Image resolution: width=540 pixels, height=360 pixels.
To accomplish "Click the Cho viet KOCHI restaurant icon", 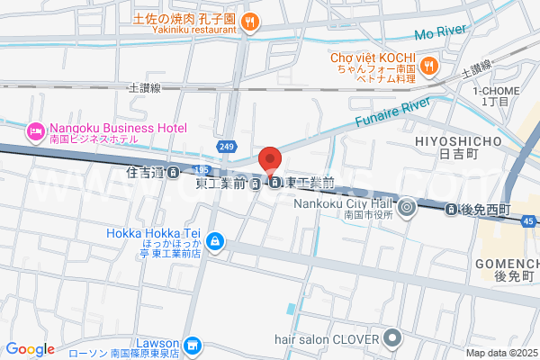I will click(429, 64).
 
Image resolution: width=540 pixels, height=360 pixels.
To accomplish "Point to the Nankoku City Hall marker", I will click(407, 209).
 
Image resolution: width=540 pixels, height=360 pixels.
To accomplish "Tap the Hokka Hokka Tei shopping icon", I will click(215, 240).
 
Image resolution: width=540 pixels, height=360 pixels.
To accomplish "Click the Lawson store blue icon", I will click(192, 346).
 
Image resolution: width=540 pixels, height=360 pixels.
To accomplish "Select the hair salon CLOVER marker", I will click(391, 338).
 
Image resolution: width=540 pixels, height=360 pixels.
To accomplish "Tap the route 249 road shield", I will click(226, 147).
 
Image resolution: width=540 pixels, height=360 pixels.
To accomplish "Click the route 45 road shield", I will click(532, 220).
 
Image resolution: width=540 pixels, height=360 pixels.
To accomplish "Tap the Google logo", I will click(31, 348).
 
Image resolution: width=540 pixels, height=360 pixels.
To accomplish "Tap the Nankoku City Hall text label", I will click(346, 203).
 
